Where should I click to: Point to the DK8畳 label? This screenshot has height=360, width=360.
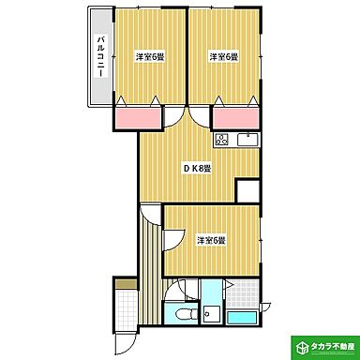tap(196, 169)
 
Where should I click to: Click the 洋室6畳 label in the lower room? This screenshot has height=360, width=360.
tap(212, 240)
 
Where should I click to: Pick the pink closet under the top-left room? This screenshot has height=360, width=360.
tap(137, 118)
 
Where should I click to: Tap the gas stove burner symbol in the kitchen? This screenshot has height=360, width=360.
tap(222, 142)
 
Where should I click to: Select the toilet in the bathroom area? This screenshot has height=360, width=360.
tap(184, 313)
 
